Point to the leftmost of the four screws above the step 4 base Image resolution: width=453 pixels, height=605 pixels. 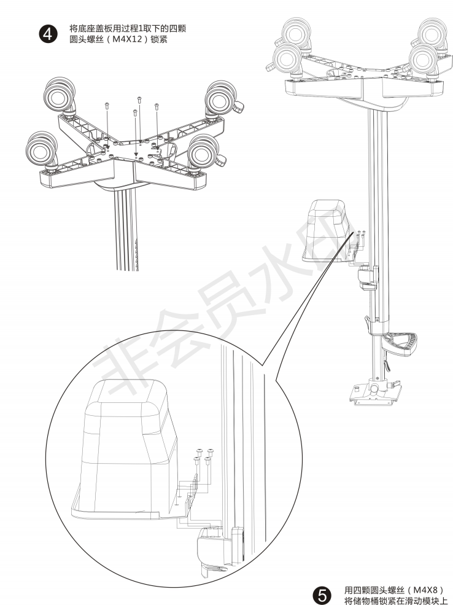point(108,106)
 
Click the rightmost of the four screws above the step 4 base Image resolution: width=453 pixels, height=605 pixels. point(157,106)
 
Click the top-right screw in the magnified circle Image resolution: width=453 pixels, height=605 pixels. point(211,452)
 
